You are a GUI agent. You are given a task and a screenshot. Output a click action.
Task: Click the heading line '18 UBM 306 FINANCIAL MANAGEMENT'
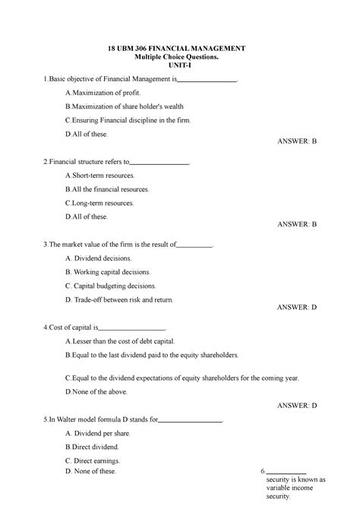(179, 49)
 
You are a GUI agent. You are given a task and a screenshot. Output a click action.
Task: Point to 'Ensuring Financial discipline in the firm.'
(128, 120)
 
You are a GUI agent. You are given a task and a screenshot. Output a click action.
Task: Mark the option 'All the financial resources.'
(109, 189)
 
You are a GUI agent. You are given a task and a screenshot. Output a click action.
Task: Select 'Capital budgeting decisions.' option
(113, 286)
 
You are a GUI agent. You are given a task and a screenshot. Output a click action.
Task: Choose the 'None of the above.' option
(99, 391)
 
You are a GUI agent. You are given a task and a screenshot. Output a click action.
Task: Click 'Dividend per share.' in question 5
(101, 432)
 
